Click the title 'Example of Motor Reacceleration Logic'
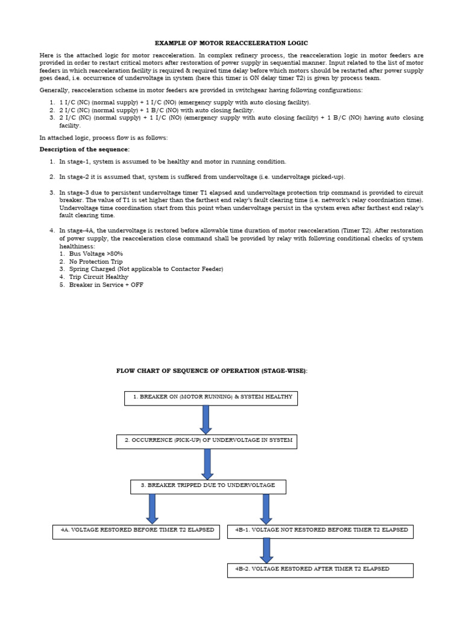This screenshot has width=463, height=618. (x=231, y=43)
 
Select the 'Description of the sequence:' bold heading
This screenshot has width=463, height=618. (x=84, y=149)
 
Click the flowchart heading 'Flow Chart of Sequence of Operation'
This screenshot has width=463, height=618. (x=212, y=371)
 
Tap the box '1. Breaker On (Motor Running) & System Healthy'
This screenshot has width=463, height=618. (x=210, y=398)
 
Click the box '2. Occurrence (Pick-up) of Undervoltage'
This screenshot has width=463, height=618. (x=206, y=441)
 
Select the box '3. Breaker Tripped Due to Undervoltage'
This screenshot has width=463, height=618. (x=208, y=486)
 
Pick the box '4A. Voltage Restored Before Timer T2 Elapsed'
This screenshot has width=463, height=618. (x=136, y=531)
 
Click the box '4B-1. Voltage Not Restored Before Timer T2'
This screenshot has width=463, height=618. (x=320, y=531)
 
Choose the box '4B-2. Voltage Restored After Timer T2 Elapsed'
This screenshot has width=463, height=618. (x=320, y=570)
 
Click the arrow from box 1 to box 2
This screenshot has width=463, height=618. (x=206, y=419)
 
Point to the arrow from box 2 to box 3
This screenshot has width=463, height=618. (x=207, y=463)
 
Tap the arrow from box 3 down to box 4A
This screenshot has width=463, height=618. (x=152, y=509)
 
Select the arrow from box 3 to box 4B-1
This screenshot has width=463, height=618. (x=266, y=509)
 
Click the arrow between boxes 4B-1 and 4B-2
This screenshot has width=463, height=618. (x=266, y=550)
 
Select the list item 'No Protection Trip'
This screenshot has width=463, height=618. (x=95, y=262)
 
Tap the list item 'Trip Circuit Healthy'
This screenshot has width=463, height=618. (x=98, y=277)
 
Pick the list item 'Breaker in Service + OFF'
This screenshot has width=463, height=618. (x=106, y=285)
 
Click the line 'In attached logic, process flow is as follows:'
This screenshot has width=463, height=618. (x=104, y=138)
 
